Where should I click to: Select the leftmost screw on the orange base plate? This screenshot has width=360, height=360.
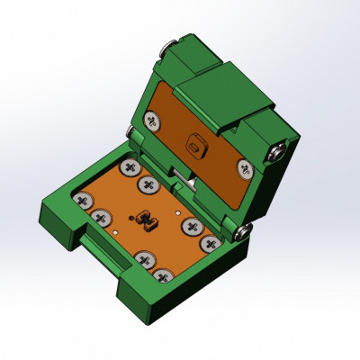[x=83, y=199]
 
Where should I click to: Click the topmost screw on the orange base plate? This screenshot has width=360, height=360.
[x=130, y=167]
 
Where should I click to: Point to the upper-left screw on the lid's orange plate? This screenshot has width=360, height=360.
[x=153, y=120]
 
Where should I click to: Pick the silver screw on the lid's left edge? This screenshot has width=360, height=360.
[x=131, y=133]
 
